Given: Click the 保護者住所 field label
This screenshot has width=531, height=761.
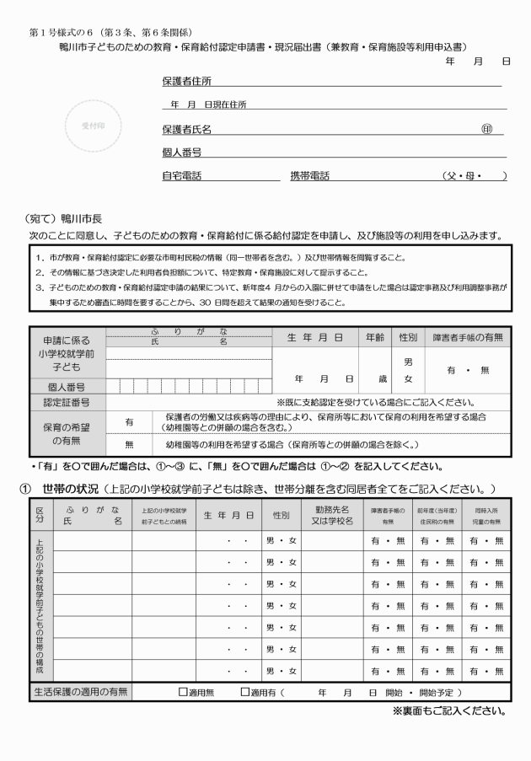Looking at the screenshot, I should [186, 81].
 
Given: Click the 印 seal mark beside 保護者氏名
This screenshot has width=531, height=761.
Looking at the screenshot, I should [486, 129].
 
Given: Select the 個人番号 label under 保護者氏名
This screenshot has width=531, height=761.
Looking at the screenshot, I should [182, 153].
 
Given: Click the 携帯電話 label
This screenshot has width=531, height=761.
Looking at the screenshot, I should [309, 176].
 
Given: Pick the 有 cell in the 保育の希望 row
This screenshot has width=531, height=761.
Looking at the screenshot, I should [130, 421].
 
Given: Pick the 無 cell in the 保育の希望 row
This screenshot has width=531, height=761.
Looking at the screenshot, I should [130, 443].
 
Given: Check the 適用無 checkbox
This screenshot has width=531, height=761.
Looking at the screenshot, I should [182, 693].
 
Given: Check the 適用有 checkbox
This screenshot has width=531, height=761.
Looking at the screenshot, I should [244, 693].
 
